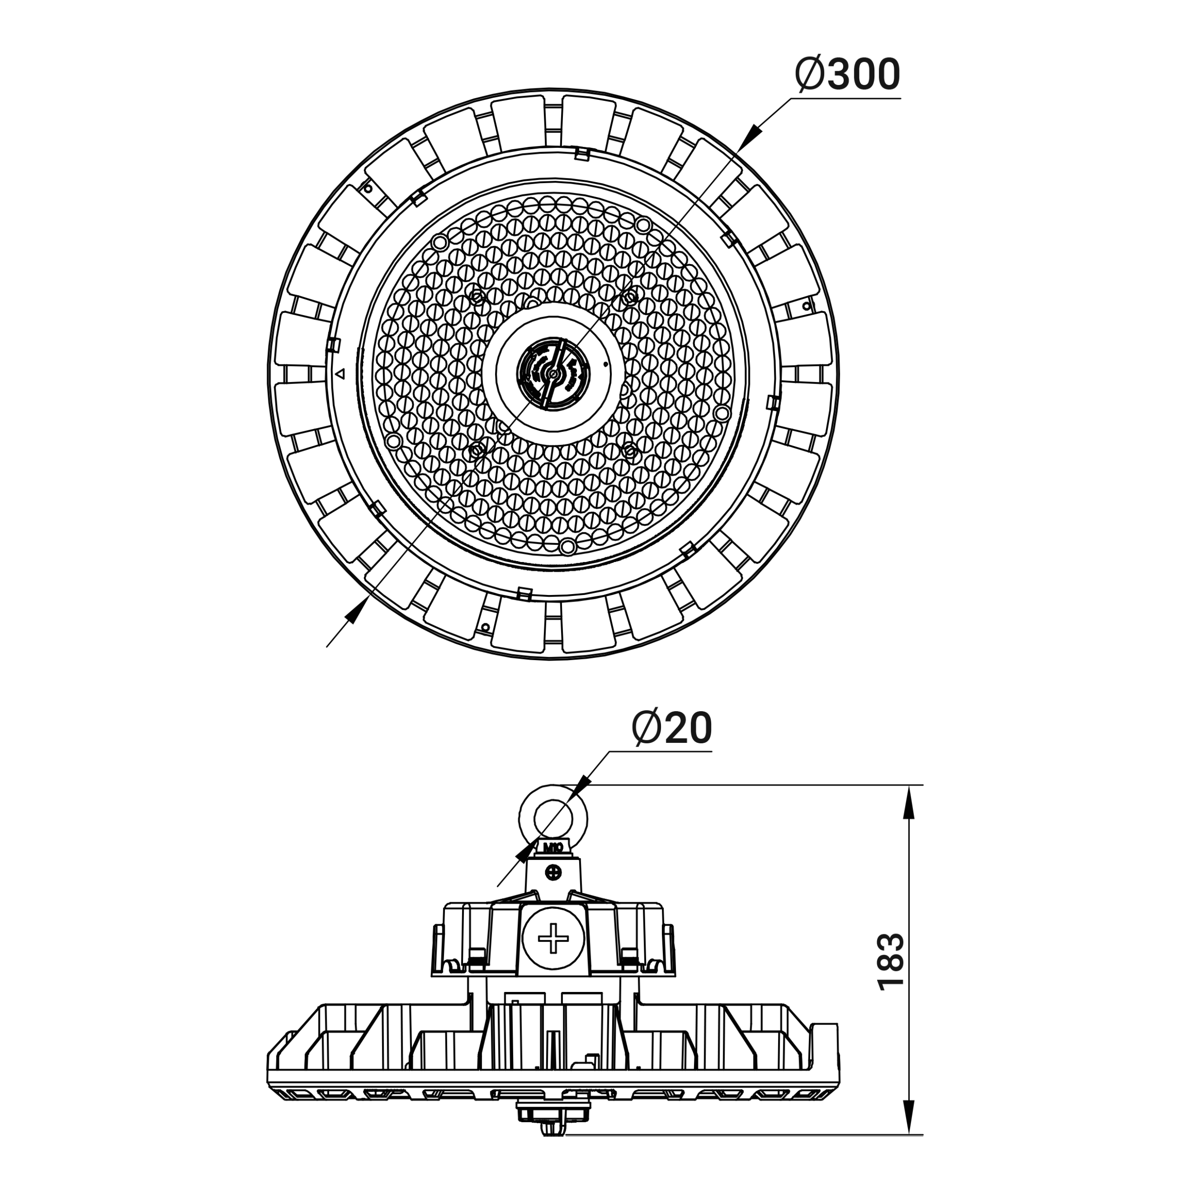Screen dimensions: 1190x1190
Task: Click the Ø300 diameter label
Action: (x=847, y=75)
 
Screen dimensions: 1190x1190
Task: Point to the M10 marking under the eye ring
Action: (x=553, y=847)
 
